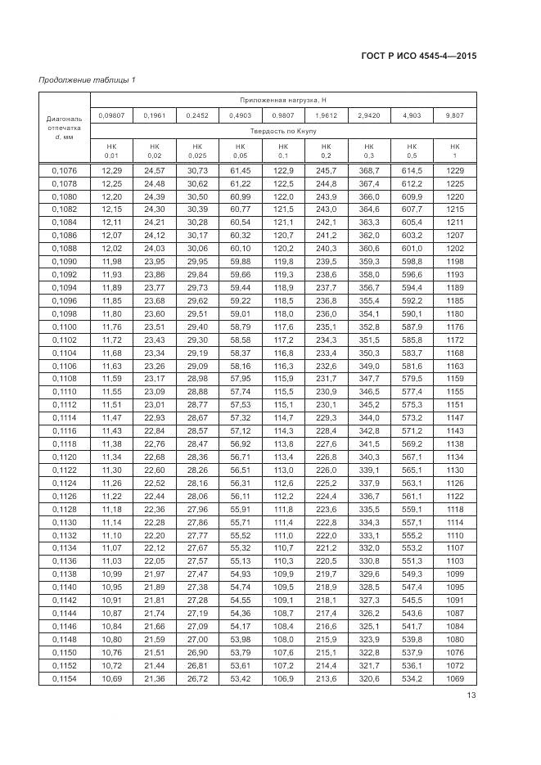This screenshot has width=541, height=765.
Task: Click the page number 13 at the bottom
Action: tap(471, 695)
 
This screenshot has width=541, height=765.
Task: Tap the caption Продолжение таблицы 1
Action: tap(87, 79)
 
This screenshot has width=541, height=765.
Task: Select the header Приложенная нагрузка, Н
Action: tap(283, 99)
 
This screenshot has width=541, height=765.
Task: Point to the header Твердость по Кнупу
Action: tap(283, 131)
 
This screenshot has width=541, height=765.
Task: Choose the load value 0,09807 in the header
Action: tap(110, 115)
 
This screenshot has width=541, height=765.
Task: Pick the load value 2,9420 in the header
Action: tap(368, 115)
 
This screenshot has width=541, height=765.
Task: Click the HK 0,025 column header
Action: tap(197, 151)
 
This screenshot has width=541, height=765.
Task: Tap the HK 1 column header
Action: tap(455, 151)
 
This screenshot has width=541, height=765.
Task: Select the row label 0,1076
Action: tap(64, 170)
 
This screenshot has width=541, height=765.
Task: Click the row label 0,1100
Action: tap(64, 327)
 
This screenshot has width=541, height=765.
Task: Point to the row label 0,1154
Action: tap(64, 679)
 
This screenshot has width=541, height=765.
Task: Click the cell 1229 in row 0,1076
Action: tap(455, 170)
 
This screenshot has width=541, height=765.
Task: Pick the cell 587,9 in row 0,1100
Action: tap(412, 327)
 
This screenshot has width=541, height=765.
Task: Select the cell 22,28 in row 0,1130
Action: tap(154, 523)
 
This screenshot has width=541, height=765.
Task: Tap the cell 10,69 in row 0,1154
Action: tap(110, 679)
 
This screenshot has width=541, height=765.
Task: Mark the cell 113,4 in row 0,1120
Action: tap(283, 457)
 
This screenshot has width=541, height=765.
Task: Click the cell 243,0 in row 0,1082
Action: tap(326, 210)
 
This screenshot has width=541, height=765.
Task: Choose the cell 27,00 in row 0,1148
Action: tap(197, 640)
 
